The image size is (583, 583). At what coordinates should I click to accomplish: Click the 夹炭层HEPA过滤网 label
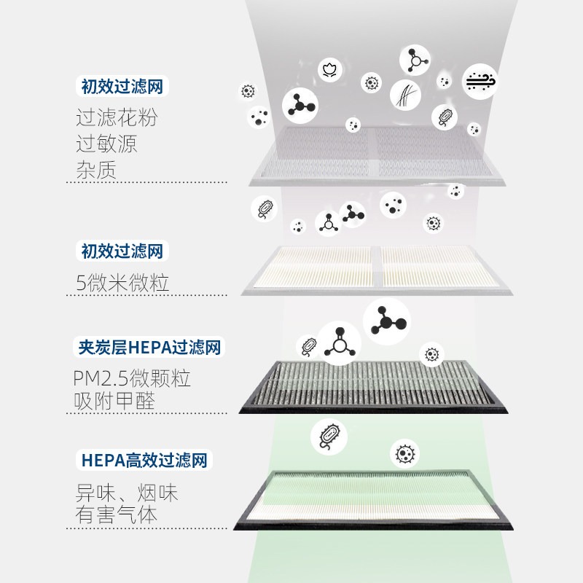coord(149,347)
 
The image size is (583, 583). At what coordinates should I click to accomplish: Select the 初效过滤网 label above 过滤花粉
coord(122,87)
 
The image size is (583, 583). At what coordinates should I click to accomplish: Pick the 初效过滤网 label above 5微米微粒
coord(122,252)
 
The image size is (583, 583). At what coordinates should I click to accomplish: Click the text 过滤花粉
coord(117,117)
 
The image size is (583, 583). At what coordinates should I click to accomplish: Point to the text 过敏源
coord(106,143)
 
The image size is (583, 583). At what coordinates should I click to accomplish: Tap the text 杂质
coord(96,169)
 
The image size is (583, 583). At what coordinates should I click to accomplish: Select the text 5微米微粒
coord(122,282)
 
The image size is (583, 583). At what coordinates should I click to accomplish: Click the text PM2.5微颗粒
coord(132,378)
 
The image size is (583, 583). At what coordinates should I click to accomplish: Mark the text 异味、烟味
coord(127,493)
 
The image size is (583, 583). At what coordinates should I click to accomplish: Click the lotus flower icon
coord(328,70)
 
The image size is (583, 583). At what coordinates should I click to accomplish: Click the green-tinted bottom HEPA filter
coord(374,497)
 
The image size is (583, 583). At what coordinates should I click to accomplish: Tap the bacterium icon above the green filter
coord(329,435)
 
